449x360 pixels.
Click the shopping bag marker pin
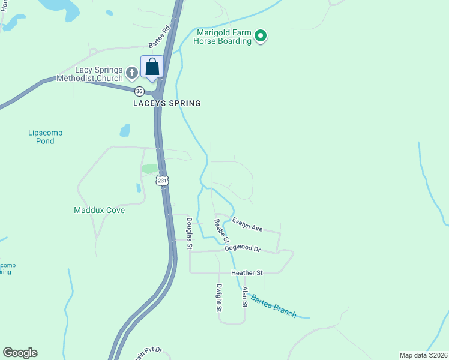(x=152, y=67)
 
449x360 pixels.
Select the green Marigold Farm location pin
(x=260, y=37)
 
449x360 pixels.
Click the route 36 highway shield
(x=139, y=91)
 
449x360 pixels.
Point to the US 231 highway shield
(x=162, y=181)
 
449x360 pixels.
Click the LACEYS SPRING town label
(x=166, y=103)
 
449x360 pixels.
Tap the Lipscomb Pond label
(x=45, y=137)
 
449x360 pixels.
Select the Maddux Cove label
(x=99, y=211)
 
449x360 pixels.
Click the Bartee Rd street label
(x=160, y=37)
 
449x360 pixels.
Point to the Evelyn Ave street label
(x=247, y=224)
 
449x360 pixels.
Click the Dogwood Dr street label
(x=243, y=248)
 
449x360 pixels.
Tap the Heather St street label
(x=247, y=273)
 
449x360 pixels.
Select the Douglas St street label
(x=189, y=233)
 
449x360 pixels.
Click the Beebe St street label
(x=222, y=232)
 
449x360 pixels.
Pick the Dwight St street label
(x=220, y=298)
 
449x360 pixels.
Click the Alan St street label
(x=245, y=297)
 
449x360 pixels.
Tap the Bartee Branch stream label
(x=273, y=306)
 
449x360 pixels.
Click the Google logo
(x=20, y=353)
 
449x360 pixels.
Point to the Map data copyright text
(x=423, y=355)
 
